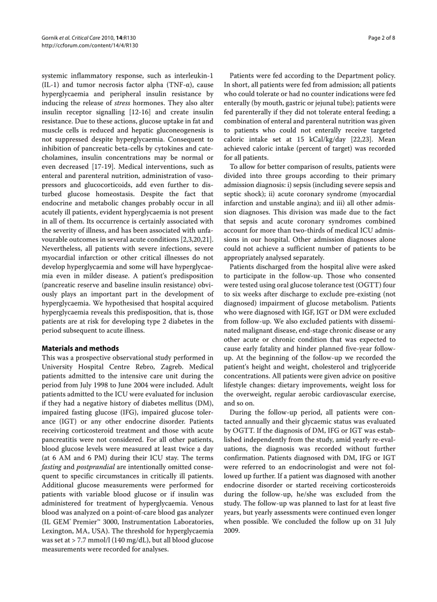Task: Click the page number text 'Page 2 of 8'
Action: [x=381, y=38]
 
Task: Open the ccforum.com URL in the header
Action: [x=89, y=46]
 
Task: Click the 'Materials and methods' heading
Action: [x=80, y=348]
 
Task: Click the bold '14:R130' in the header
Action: [x=126, y=38]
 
